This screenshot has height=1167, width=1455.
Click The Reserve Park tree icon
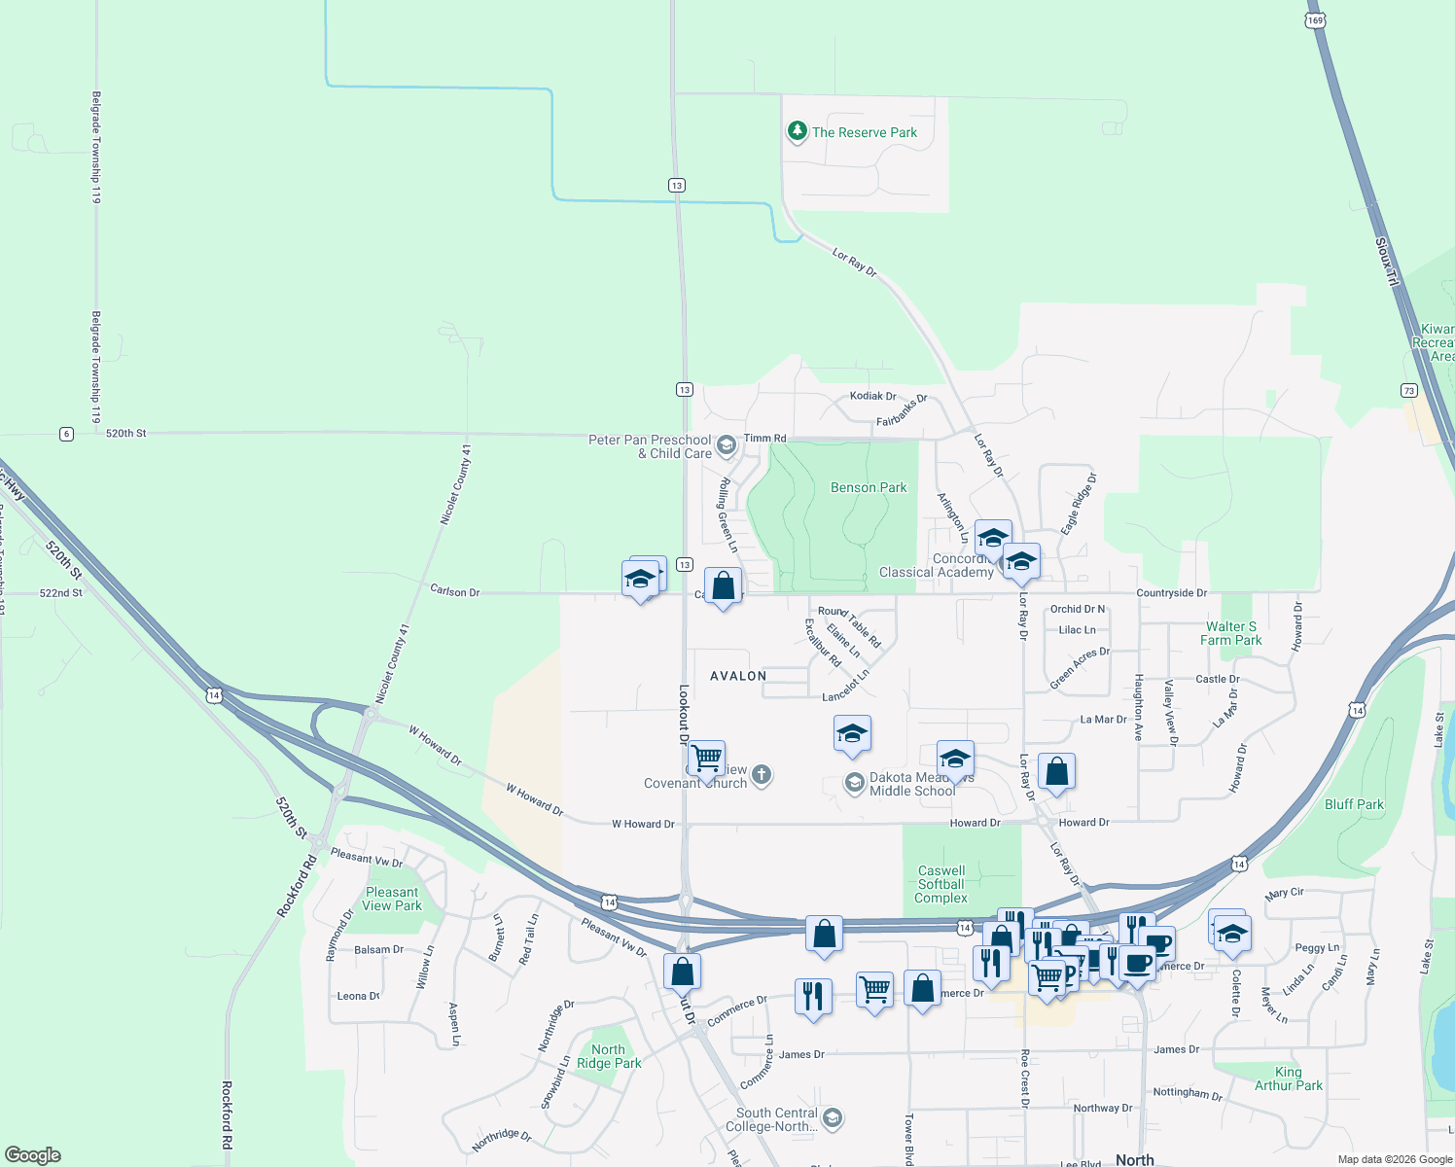pos(798,131)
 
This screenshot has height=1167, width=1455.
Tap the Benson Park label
pos(868,487)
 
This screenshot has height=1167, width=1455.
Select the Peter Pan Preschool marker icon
pos(726,446)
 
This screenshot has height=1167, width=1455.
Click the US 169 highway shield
pos(1315,20)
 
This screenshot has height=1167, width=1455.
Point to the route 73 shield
pos(1409,391)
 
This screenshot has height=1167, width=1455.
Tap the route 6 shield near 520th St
pos(66,434)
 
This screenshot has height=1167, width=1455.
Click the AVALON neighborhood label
pos(738,676)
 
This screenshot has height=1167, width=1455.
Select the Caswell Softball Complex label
pos(941,885)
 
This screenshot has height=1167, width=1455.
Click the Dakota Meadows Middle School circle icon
pos(854,784)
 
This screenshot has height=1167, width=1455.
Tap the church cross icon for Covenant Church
pos(762,775)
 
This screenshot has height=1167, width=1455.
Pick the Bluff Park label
pos(1354,804)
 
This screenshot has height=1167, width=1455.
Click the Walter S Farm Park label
pos(1230,633)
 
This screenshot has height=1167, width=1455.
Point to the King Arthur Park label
pos(1289,1079)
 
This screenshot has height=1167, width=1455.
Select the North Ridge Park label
pos(609,1056)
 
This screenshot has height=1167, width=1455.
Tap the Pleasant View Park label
pos(392,899)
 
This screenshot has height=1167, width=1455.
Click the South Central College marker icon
pos(832,1118)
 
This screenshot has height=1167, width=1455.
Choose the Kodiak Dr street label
pos(872,396)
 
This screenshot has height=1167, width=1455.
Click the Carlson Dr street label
pos(454,591)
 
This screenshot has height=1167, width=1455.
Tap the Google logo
pos(33,1155)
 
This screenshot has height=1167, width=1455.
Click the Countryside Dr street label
pos(1171,592)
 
